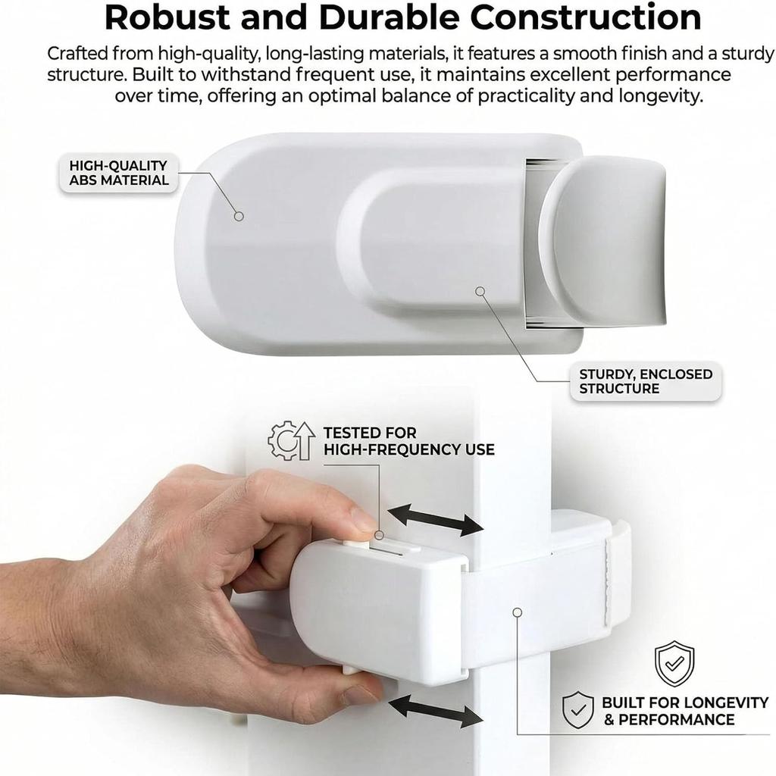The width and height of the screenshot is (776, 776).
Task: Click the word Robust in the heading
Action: [x=167, y=17]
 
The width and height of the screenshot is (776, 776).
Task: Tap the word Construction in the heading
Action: [x=585, y=17]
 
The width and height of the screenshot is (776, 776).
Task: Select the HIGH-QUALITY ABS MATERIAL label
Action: [x=119, y=173]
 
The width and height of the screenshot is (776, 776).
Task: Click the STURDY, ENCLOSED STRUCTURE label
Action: [x=646, y=381]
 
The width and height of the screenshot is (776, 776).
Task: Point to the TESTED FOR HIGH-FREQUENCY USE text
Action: [x=408, y=441]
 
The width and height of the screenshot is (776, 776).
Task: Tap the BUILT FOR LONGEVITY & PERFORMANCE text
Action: [x=684, y=711]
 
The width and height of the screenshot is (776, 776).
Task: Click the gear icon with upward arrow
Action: [x=292, y=440]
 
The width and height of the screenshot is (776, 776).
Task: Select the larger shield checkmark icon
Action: [x=674, y=663]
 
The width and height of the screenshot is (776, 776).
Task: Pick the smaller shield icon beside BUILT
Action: [x=577, y=710]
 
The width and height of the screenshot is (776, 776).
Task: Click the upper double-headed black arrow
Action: [x=435, y=520]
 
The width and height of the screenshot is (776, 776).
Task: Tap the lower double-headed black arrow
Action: [x=435, y=711]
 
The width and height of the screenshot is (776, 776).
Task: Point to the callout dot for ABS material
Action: [x=239, y=216]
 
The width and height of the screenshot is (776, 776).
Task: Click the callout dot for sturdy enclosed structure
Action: [x=480, y=292]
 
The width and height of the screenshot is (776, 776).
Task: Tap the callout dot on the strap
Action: [x=517, y=612]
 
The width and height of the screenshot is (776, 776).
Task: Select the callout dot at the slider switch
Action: [x=379, y=535]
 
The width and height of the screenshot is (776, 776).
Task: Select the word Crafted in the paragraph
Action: [x=77, y=53]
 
